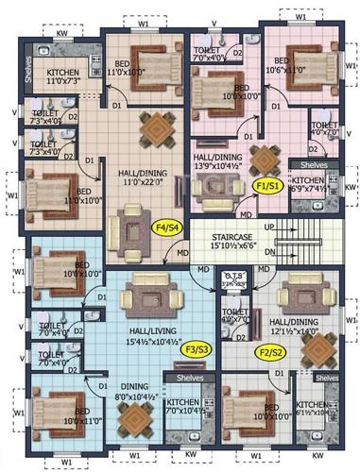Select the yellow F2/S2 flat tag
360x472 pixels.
(272, 354)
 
